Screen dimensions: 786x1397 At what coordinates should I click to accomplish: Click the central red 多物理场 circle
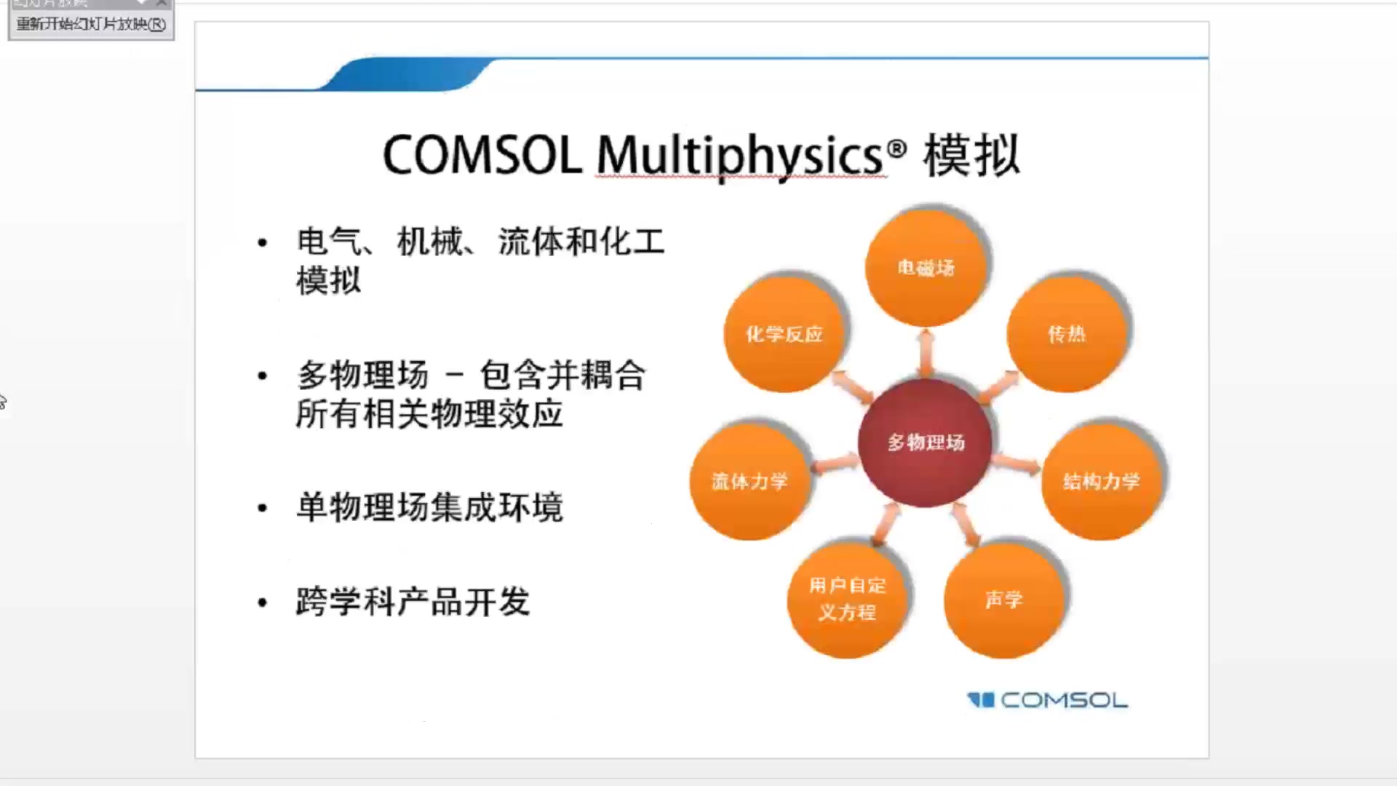(925, 442)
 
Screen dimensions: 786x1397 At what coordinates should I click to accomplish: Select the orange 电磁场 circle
(925, 268)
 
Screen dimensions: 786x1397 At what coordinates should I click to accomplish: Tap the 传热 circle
(1066, 334)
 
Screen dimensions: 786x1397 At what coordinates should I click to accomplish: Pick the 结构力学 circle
(1101, 481)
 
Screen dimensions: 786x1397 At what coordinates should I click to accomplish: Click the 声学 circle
(1003, 600)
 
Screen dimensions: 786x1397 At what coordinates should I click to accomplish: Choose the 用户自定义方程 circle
(847, 599)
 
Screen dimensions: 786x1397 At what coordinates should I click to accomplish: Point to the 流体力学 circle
(749, 481)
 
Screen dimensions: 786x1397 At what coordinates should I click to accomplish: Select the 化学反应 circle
(784, 334)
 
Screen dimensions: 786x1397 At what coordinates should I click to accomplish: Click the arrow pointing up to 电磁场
(926, 352)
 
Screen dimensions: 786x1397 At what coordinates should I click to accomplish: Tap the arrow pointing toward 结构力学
(1016, 463)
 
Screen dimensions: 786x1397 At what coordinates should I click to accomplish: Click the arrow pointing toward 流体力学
(835, 463)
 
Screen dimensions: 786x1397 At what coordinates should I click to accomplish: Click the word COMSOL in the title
(482, 155)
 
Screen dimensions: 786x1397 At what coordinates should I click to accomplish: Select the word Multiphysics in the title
(740, 155)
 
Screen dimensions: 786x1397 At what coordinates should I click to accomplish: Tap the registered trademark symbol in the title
(897, 148)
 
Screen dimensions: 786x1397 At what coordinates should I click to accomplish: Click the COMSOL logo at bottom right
(1048, 700)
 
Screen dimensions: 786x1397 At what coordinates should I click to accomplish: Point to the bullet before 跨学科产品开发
(263, 603)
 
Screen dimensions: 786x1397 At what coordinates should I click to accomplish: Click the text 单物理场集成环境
(429, 507)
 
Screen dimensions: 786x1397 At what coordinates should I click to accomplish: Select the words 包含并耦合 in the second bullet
(562, 376)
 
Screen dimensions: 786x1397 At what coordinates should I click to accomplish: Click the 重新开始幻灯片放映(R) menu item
(91, 24)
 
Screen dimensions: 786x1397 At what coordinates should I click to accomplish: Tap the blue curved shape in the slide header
(407, 74)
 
